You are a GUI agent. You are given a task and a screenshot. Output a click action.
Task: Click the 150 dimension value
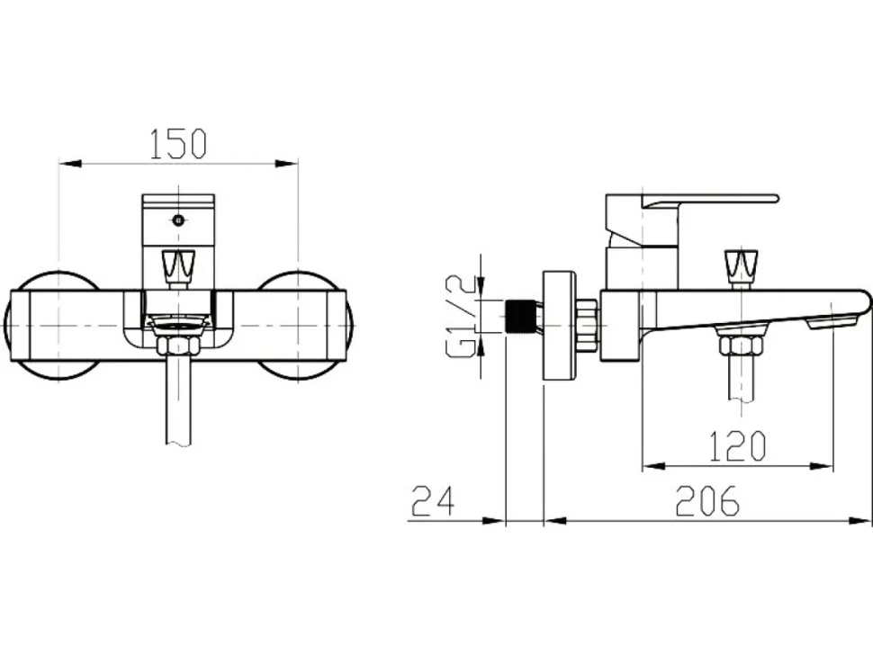pyautogui.click(x=178, y=144)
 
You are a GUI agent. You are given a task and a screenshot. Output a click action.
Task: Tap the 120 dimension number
pyautogui.click(x=738, y=445)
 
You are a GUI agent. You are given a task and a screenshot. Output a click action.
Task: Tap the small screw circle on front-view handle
pyautogui.click(x=178, y=220)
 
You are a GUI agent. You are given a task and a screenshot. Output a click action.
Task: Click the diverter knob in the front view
pyautogui.click(x=178, y=266)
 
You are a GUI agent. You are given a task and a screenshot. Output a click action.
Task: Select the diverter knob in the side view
pyautogui.click(x=741, y=266)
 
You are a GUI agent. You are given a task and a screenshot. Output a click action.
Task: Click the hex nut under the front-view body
pyautogui.click(x=178, y=345)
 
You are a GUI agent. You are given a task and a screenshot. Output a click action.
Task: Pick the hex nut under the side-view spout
pyautogui.click(x=741, y=345)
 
